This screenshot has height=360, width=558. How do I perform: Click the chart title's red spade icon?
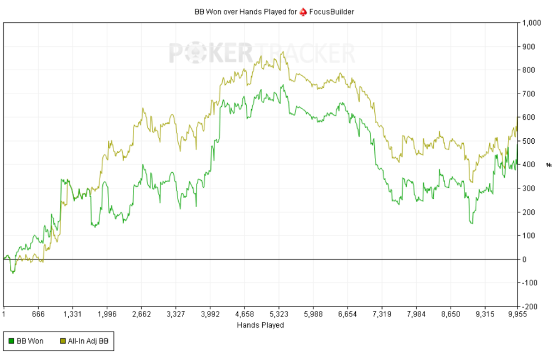(304, 11)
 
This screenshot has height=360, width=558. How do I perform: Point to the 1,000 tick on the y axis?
(531, 23)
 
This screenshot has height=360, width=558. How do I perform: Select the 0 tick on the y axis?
(524, 259)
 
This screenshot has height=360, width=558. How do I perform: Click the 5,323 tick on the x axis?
(279, 314)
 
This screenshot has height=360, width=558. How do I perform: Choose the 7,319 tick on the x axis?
(382, 314)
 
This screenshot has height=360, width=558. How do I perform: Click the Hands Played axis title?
(260, 325)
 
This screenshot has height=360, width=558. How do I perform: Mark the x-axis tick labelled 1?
(4, 314)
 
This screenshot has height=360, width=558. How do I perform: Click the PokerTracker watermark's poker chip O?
(195, 53)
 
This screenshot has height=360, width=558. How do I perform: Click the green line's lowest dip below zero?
(13, 272)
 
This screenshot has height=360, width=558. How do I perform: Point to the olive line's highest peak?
(282, 52)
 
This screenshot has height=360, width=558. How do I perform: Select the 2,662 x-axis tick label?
(141, 314)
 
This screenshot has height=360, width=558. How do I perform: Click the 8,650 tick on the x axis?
(451, 314)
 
